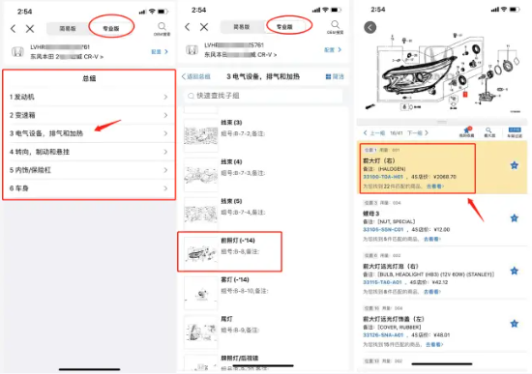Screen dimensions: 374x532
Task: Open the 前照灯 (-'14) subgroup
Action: tap(242, 240)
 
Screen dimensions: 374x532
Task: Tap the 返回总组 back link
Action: tap(202, 75)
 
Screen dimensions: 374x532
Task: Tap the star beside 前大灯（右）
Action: tap(514, 166)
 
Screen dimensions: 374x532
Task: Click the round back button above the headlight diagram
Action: tap(370, 27)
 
